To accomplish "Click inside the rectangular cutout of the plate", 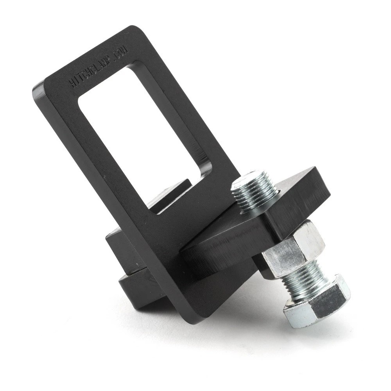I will pos(141,129).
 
